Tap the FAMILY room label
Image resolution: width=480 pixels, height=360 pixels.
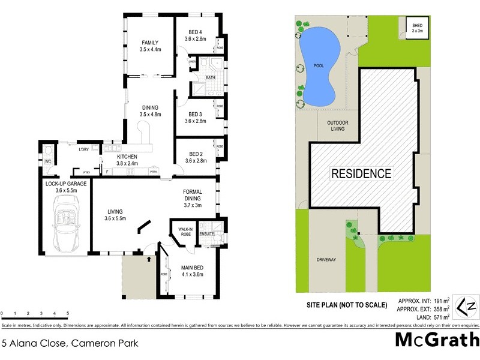149,46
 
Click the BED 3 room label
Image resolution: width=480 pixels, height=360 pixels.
196,118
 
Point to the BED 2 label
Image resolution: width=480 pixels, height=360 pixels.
196,157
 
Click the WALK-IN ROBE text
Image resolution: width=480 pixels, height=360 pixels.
185,232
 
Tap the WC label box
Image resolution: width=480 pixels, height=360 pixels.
47,162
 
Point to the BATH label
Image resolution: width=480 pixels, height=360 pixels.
211,77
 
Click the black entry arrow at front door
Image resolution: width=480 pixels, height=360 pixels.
149,260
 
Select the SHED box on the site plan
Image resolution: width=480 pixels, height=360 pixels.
417,28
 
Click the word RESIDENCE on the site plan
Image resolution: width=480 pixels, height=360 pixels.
361,174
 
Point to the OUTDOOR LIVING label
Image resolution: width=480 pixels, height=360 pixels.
338,126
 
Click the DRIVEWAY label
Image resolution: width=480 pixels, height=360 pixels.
327,260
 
